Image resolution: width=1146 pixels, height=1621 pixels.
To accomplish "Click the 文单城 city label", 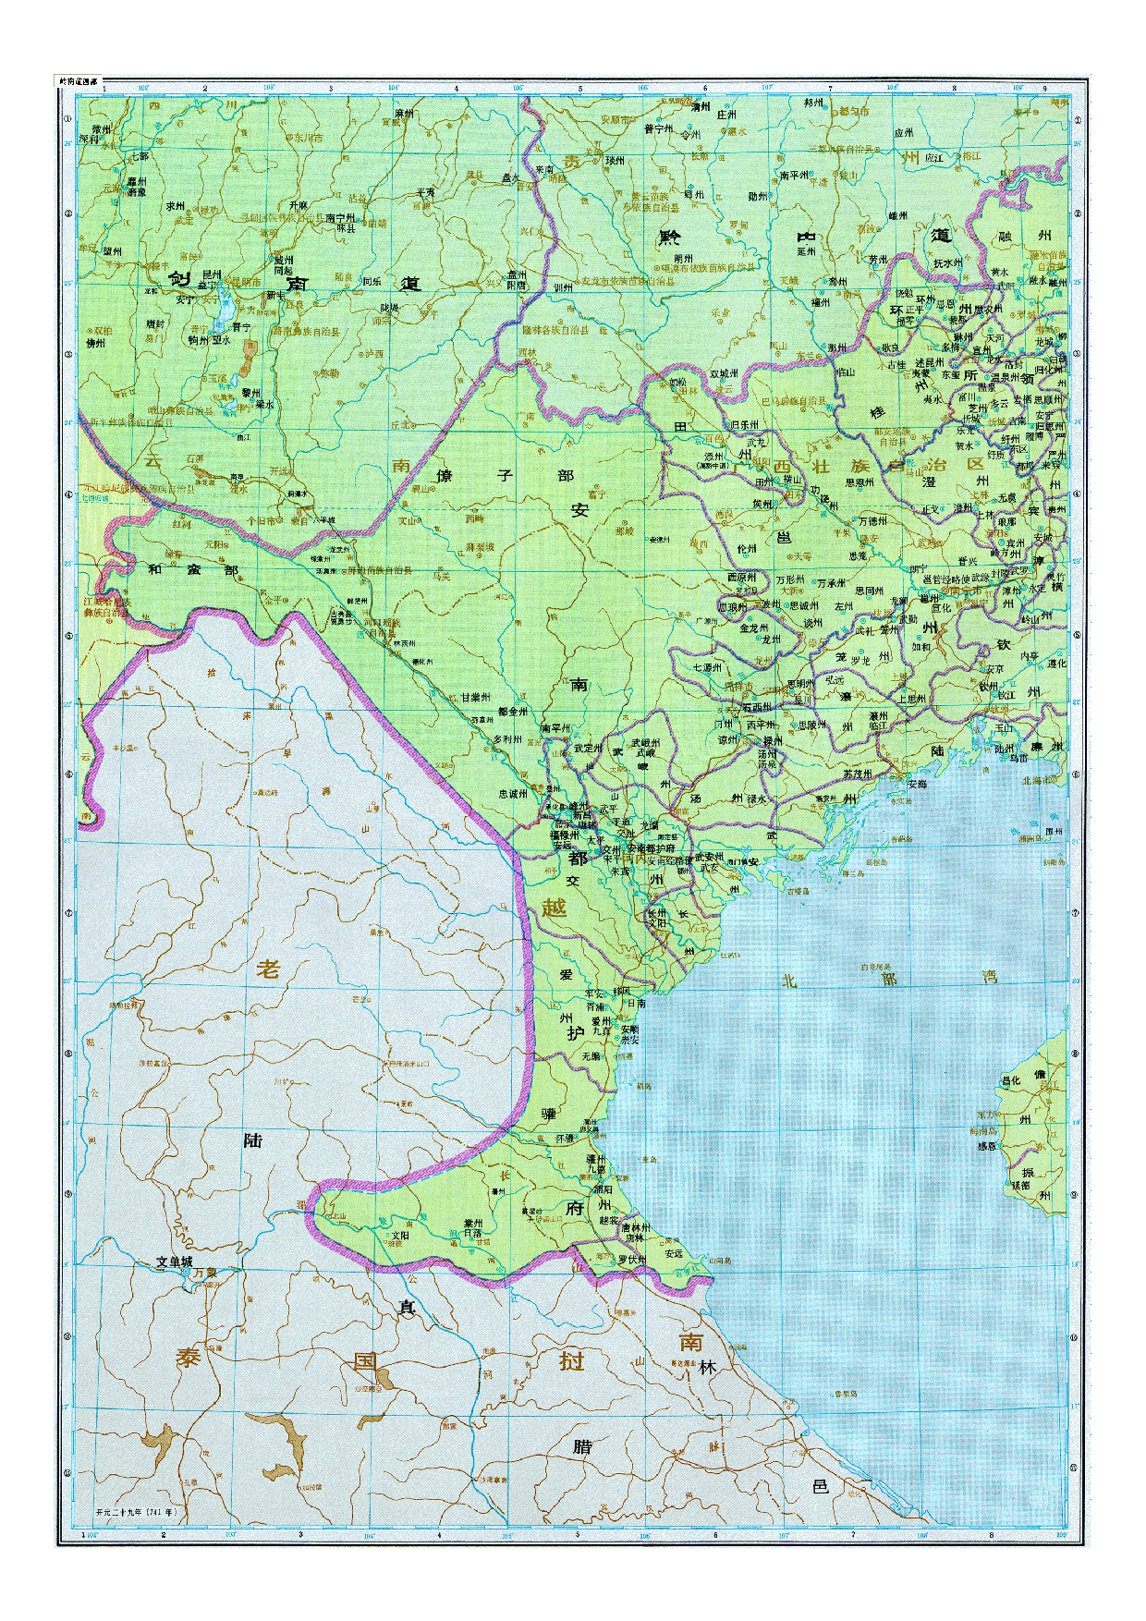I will point(174,1261).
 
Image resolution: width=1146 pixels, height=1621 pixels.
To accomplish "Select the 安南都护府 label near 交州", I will point(652,848).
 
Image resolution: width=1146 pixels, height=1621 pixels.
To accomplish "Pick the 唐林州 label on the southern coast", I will point(637,1227).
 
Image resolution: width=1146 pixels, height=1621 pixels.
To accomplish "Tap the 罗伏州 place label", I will point(633,1259).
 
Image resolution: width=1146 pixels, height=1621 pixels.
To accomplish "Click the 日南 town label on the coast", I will point(635,1002).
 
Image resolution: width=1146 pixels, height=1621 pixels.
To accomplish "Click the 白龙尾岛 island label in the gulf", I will point(874,967).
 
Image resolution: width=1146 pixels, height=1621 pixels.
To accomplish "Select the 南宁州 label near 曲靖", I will point(342,218).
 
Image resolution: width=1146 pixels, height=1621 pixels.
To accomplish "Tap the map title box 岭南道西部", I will point(78,81).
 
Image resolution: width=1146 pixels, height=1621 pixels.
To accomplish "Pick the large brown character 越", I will point(553,908).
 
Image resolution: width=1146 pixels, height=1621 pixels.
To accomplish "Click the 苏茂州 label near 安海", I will point(859,773).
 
